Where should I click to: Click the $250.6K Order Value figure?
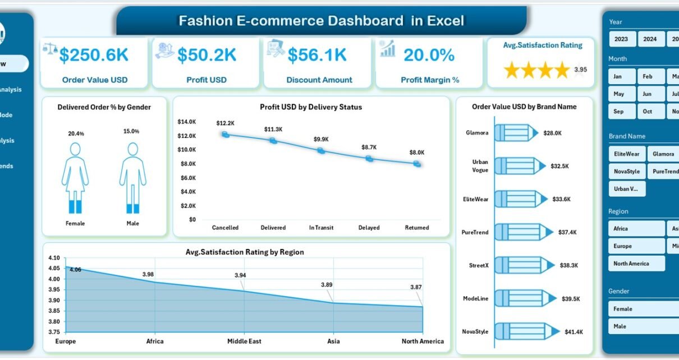94,54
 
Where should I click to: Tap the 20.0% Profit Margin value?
429,54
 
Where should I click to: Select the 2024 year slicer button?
650,39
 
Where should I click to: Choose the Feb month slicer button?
648,76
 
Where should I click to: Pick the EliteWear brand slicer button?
626,154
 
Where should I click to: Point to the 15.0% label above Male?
132,131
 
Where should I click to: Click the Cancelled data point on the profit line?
225,135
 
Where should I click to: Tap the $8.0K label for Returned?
417,153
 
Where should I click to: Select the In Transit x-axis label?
321,228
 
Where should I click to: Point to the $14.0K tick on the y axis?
186,122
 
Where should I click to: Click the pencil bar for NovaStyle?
522,331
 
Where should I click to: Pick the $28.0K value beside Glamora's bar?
553,133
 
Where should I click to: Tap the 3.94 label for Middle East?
240,275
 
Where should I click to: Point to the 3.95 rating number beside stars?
580,70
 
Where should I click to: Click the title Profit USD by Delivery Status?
311,107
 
